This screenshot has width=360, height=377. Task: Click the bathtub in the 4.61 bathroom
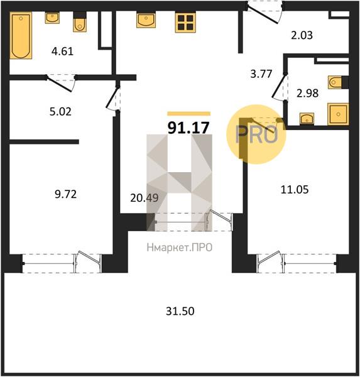(x=21, y=35)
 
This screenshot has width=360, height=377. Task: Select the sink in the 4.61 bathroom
(x=52, y=18)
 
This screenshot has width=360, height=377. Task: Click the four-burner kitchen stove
(x=185, y=22)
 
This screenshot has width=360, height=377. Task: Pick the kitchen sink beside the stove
(x=146, y=20)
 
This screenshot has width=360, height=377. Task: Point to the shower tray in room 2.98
(x=338, y=114)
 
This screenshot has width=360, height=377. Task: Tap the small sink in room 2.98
(x=307, y=119)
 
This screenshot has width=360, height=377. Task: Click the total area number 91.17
(x=188, y=128)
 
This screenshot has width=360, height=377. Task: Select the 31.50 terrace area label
(x=180, y=311)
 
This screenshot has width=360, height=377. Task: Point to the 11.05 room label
(x=295, y=190)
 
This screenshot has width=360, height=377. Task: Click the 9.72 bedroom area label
(x=65, y=194)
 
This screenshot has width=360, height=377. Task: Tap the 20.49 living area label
(x=145, y=198)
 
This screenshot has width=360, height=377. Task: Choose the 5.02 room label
(x=60, y=112)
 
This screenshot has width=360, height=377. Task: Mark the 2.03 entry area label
(x=302, y=35)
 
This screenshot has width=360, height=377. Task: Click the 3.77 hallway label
(x=261, y=74)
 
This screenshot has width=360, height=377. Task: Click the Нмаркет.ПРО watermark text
(x=180, y=248)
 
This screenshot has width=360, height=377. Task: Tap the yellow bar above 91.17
(x=188, y=114)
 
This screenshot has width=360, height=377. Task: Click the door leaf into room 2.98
(x=279, y=86)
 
